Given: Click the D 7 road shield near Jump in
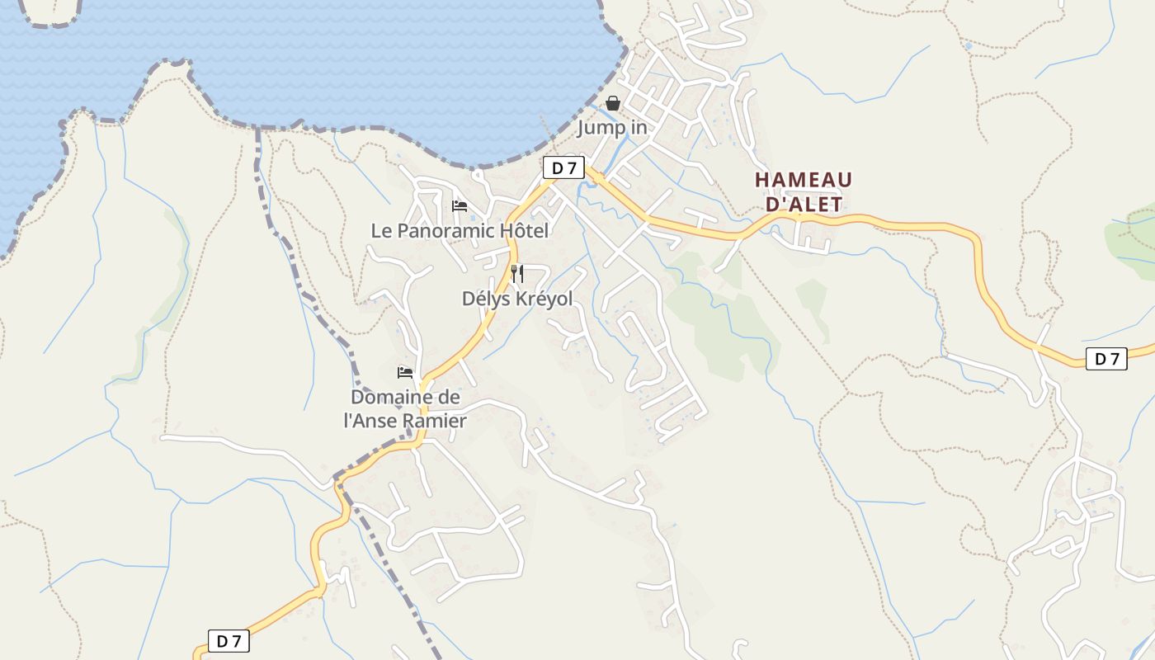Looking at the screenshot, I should (563, 168).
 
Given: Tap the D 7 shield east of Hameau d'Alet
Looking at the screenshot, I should (1106, 359).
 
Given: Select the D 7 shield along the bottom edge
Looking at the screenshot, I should (228, 641).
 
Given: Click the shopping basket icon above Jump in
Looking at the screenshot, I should (613, 103).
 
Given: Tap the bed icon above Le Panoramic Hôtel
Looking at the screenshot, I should (460, 205).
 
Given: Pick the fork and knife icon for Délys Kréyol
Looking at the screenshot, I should (517, 274).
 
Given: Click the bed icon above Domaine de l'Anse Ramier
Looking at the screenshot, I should (405, 373).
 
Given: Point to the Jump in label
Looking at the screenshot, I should (611, 128).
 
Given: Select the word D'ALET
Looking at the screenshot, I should (804, 205).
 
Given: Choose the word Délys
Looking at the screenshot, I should (486, 299).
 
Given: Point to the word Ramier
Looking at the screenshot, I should (439, 421).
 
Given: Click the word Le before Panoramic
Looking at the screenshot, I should (381, 231).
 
